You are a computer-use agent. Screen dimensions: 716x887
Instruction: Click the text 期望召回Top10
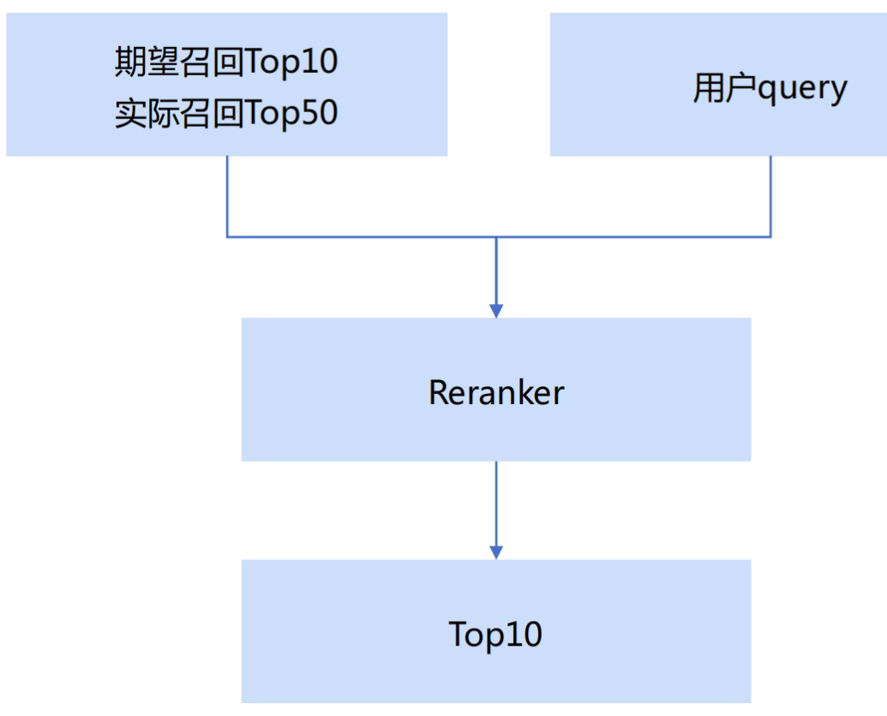(x=226, y=62)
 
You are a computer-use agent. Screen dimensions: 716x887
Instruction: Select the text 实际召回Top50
(x=226, y=113)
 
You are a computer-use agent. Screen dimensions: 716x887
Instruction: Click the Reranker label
(x=496, y=392)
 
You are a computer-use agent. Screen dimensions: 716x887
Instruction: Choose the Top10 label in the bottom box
(x=495, y=635)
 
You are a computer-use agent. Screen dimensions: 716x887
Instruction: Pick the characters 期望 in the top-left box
(x=147, y=62)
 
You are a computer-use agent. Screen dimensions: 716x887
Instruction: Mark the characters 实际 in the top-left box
(x=147, y=113)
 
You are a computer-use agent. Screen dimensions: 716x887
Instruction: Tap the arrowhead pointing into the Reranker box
(x=496, y=310)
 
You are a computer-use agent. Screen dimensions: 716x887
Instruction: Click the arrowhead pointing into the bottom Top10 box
(x=496, y=552)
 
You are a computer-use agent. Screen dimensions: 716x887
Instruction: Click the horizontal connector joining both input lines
(x=360, y=236)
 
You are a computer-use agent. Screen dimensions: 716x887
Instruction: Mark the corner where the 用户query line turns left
(x=770, y=236)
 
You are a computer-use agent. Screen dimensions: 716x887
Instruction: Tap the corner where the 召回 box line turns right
(x=227, y=236)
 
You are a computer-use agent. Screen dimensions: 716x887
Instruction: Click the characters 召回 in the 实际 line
(x=213, y=113)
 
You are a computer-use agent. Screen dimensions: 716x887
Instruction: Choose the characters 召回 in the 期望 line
(x=213, y=62)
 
